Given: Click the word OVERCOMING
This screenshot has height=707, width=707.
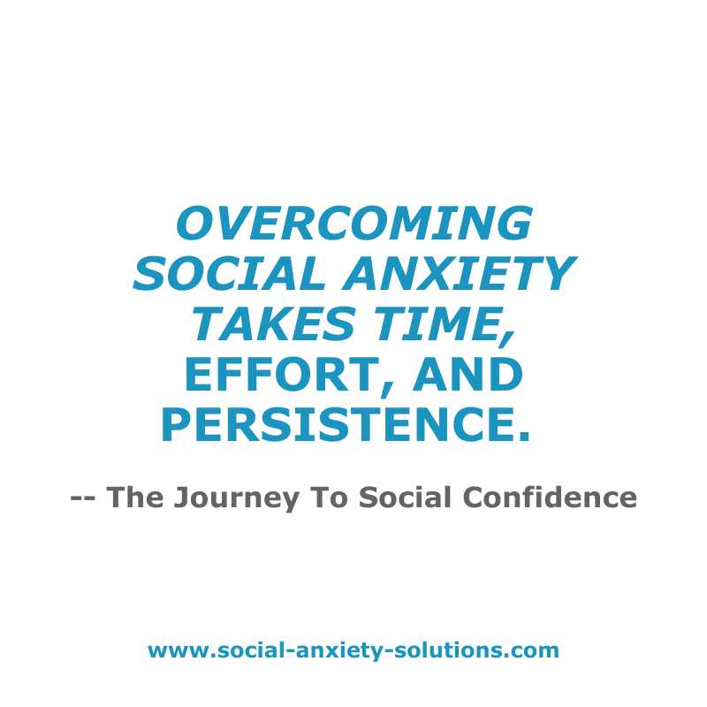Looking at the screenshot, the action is click(x=354, y=224).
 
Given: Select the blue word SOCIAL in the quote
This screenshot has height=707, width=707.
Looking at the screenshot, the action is click(x=229, y=274).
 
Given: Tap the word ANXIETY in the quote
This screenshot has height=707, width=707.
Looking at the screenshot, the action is click(x=460, y=274).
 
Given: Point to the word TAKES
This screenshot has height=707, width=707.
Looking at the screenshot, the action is click(x=274, y=323).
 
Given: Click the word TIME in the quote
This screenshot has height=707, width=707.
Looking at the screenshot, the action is click(x=438, y=323).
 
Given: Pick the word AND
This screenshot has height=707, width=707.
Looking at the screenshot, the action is click(x=468, y=374).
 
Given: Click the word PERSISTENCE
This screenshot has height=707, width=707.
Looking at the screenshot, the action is click(x=337, y=425).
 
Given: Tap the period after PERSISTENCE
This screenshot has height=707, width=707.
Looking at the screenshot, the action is click(x=524, y=436).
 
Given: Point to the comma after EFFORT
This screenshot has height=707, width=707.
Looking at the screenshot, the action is click(x=389, y=390).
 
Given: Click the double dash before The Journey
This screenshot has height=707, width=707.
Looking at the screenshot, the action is click(x=83, y=498).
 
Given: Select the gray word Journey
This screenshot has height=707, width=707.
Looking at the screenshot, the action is click(x=237, y=498).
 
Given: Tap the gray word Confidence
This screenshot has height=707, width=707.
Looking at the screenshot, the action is click(x=550, y=497).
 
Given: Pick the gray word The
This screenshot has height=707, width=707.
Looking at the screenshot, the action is click(x=135, y=497).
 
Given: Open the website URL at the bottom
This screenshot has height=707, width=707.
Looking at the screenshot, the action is click(x=353, y=651).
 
